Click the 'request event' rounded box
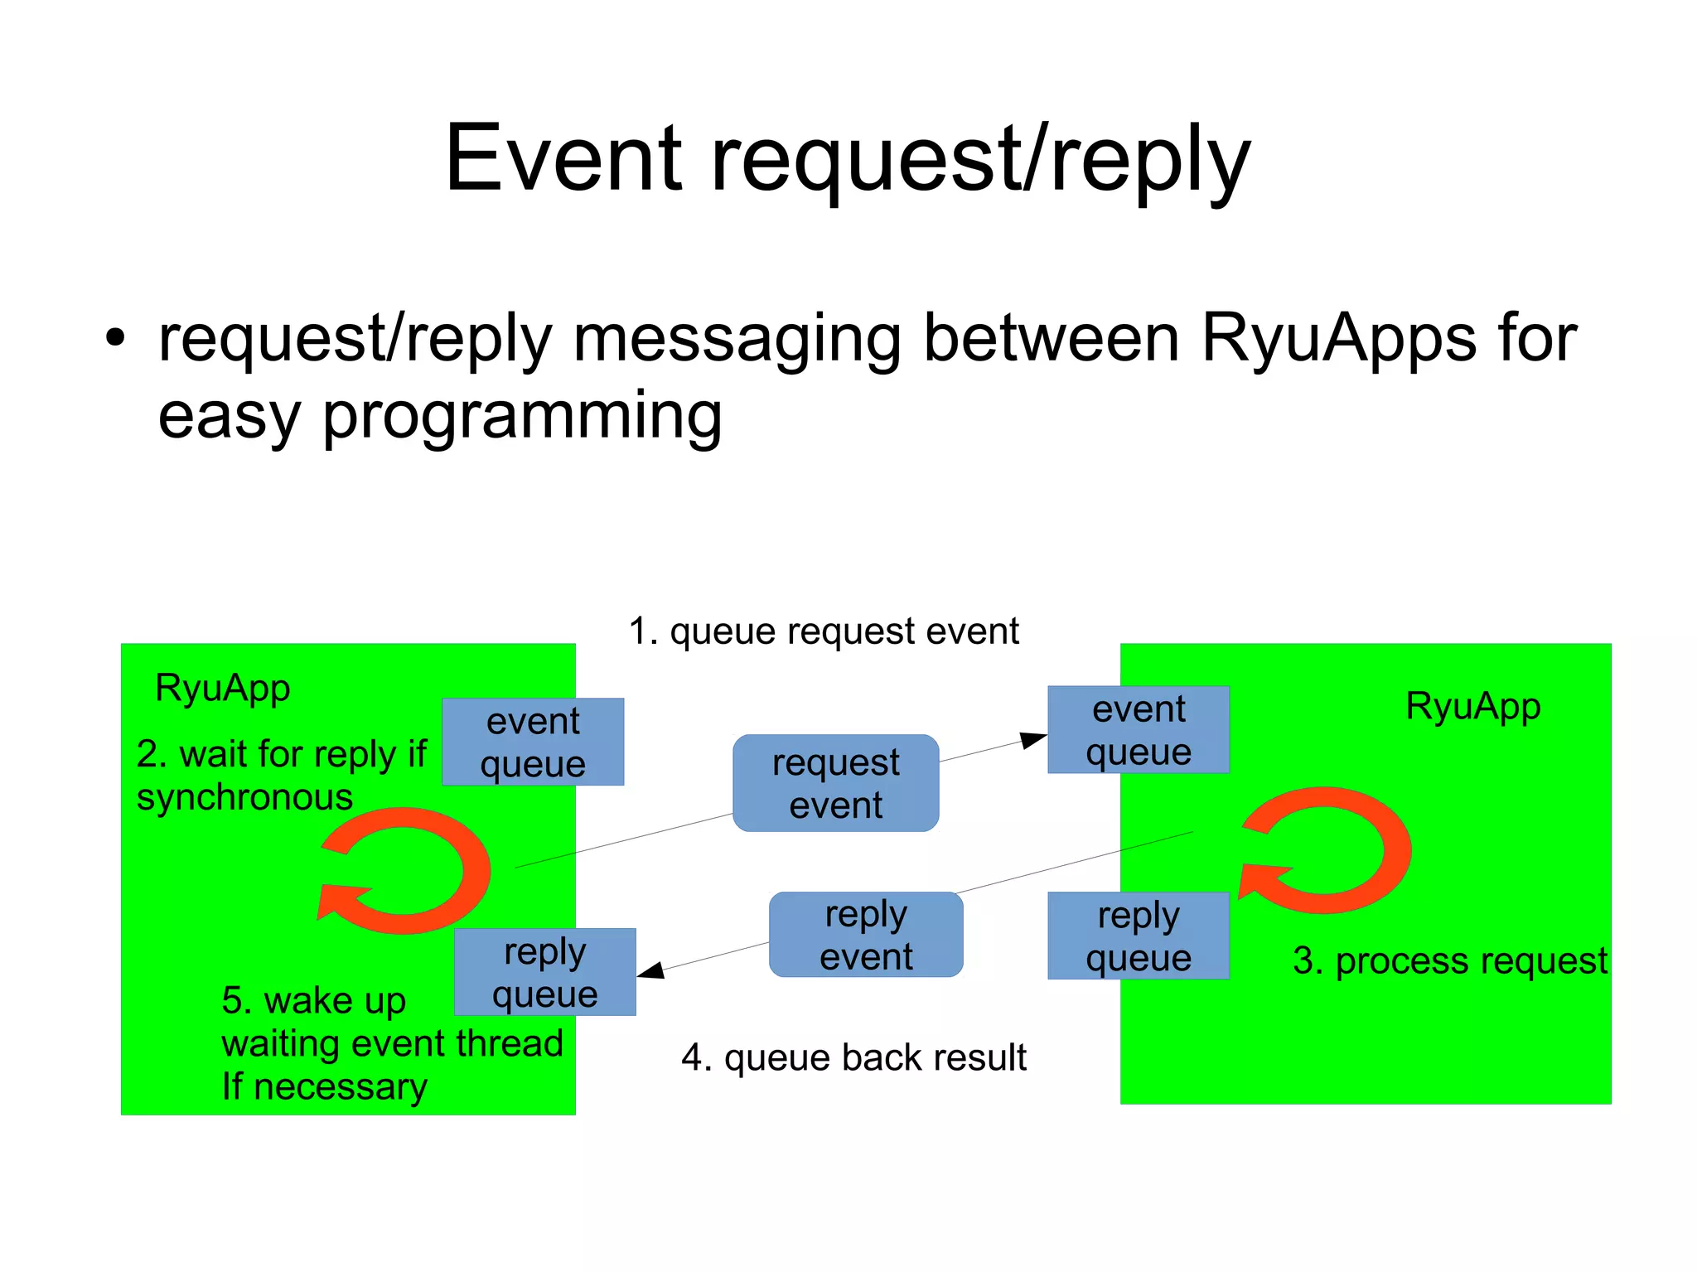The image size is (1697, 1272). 835,783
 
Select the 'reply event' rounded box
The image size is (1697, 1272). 866,935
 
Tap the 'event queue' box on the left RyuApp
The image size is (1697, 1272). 533,742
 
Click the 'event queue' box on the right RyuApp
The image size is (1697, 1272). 1138,730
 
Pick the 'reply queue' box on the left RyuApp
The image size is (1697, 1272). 545,972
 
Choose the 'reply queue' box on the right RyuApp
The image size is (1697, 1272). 1138,936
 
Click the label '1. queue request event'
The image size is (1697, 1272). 823,631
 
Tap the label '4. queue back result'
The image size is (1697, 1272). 853,1058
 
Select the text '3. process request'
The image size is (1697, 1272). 1449,961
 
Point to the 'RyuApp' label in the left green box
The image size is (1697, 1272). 222,689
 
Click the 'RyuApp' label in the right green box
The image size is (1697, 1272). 1472,707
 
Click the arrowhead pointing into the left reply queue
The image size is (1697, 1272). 650,970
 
